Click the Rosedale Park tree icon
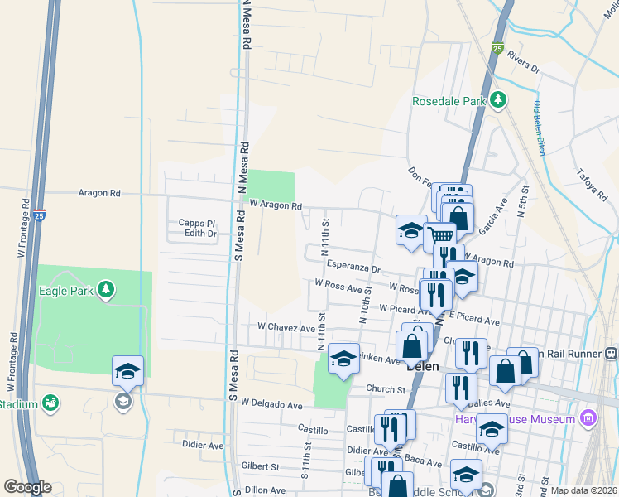497,101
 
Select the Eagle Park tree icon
105,289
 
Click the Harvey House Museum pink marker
588,417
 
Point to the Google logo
27,486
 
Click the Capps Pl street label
197,223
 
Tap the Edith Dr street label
200,234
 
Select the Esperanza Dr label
353,268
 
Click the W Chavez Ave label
287,328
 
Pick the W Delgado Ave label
272,404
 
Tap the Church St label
386,388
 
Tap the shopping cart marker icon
441,236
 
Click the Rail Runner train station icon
611,353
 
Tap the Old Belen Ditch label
540,129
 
